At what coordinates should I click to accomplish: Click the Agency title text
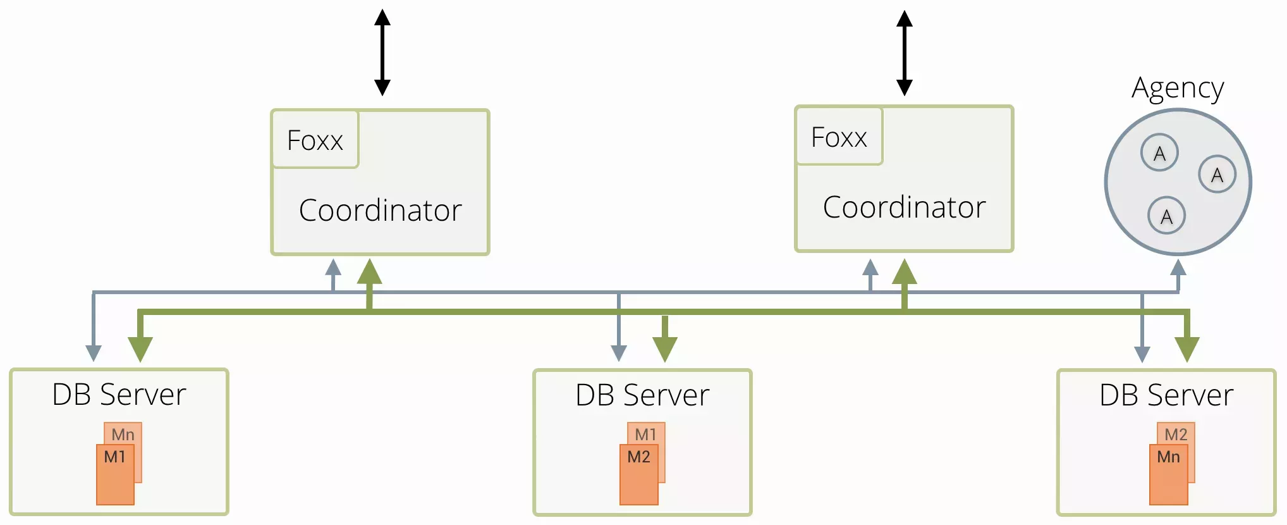pos(1178,89)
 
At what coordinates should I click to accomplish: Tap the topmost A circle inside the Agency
pos(1159,153)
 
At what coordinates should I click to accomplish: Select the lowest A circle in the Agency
pos(1166,216)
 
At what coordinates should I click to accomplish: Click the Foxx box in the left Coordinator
pos(315,140)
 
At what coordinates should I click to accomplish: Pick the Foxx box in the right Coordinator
pos(839,137)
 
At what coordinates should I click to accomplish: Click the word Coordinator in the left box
pos(380,211)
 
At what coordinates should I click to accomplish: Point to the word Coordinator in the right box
pos(904,207)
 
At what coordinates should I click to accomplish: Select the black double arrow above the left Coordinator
pos(382,52)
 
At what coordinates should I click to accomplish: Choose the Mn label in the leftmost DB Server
pos(123,434)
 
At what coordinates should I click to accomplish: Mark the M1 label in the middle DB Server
pos(646,434)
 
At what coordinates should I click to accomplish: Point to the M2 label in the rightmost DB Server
pos(1176,434)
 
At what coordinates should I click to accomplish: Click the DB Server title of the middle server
pos(642,395)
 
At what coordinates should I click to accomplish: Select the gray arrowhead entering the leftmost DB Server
pos(94,353)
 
